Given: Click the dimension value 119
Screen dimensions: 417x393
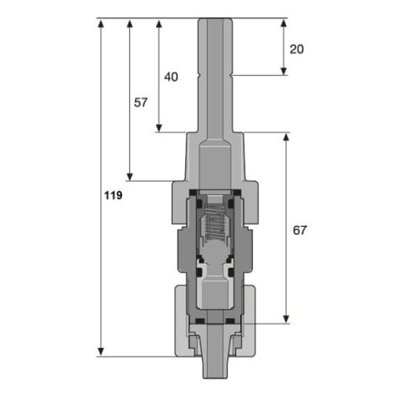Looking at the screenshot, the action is (113, 196).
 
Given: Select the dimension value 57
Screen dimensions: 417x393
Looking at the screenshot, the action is (141, 102).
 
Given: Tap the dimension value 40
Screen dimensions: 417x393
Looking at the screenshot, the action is (171, 77).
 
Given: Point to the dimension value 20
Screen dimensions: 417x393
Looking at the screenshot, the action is (297, 49).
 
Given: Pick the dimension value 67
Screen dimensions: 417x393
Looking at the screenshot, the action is (299, 231).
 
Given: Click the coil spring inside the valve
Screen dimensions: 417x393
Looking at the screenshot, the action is (214, 221).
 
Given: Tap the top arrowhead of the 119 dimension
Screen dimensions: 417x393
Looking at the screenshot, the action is (101, 23).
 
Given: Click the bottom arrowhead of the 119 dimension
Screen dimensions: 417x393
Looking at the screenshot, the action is (101, 351).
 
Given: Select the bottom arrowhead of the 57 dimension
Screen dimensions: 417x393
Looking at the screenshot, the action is (129, 177).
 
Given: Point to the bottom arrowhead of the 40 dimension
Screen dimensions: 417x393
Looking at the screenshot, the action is (159, 128).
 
